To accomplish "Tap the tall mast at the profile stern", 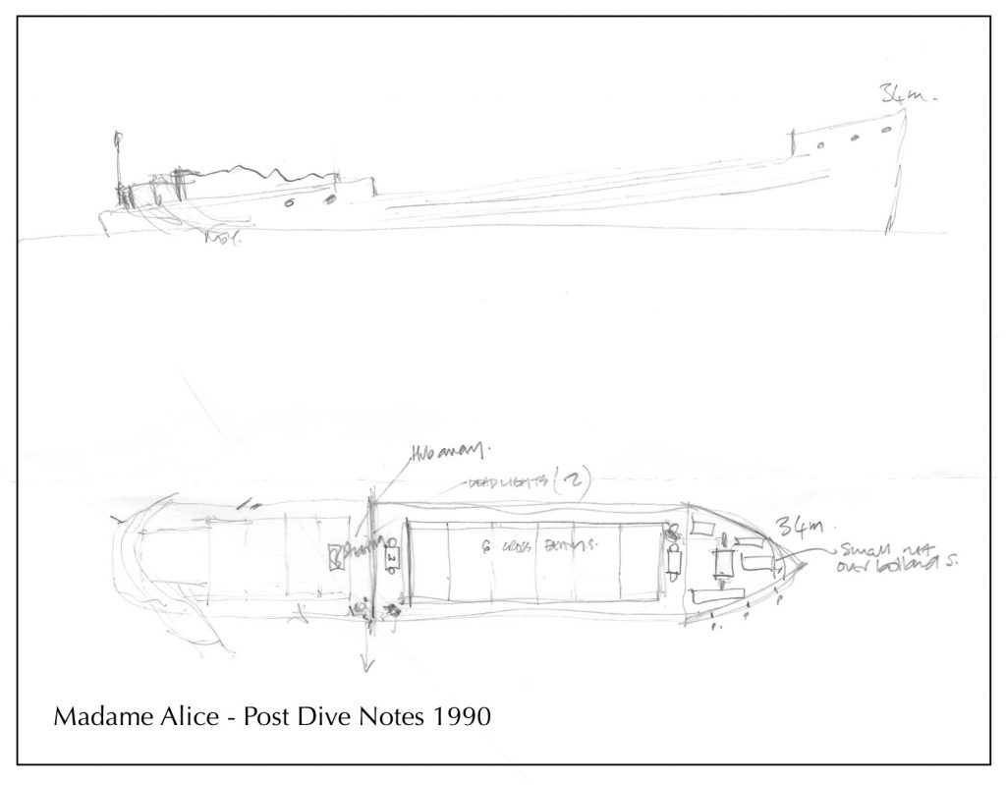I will [x=117, y=167].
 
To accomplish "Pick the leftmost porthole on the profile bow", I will [x=820, y=147].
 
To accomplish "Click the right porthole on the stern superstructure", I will [x=330, y=198].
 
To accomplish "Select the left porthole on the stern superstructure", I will [x=289, y=203].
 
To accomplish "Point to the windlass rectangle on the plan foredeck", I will [x=727, y=563].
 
